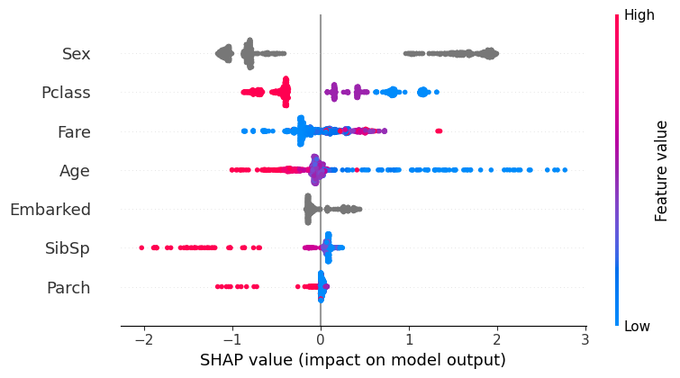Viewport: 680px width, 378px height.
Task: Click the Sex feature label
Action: (76, 54)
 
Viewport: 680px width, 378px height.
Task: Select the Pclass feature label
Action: (66, 93)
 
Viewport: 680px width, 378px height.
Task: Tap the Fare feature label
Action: (73, 132)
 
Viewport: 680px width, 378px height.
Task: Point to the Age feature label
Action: (75, 171)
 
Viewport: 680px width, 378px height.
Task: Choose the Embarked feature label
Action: (50, 210)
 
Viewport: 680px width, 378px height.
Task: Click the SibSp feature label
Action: (68, 249)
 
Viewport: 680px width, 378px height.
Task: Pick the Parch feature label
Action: (68, 288)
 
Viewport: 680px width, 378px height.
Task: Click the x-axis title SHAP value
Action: (352, 360)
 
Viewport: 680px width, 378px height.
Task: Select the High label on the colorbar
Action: (639, 15)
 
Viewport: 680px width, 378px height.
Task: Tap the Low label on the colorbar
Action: (638, 326)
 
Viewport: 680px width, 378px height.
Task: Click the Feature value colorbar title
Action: (662, 171)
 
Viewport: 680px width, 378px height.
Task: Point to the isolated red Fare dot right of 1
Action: (439, 131)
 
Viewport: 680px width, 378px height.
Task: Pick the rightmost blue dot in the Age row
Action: (565, 170)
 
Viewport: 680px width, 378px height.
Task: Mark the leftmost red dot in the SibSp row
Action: (142, 247)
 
